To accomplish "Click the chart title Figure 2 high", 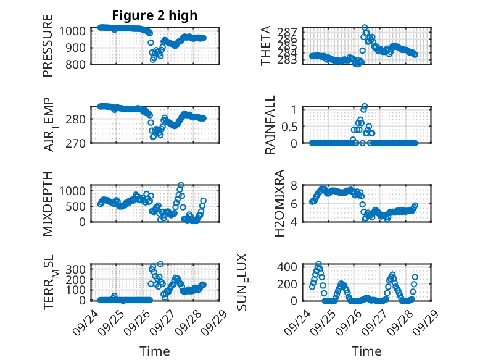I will pyautogui.click(x=154, y=15).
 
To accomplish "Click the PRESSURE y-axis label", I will pyautogui.click(x=48, y=51).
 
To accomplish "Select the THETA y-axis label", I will pyautogui.click(x=266, y=46).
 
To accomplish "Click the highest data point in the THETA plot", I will pyautogui.click(x=365, y=28).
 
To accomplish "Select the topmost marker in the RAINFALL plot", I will pyautogui.click(x=365, y=106).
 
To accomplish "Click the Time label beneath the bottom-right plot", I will pyautogui.click(x=366, y=351).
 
